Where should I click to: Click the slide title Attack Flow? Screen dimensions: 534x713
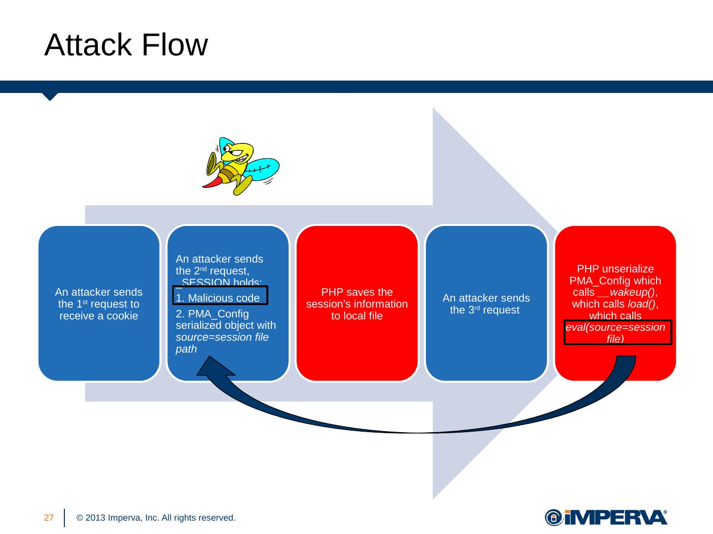pyautogui.click(x=126, y=45)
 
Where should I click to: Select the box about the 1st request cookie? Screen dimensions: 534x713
pyautogui.click(x=99, y=304)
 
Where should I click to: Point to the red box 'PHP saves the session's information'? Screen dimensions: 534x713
pyautogui.click(x=357, y=304)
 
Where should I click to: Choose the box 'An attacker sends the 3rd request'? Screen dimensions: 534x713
pyautogui.click(x=486, y=304)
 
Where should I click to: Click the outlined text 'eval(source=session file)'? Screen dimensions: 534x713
pyautogui.click(x=617, y=332)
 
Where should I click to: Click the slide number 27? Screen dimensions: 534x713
pyautogui.click(x=49, y=518)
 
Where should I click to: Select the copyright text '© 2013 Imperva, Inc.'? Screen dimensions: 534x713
pyautogui.click(x=155, y=518)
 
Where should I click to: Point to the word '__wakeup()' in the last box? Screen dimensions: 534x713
pyautogui.click(x=628, y=292)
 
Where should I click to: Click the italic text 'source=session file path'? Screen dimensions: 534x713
pyautogui.click(x=222, y=343)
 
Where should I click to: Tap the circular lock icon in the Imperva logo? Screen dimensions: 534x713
pyautogui.click(x=553, y=517)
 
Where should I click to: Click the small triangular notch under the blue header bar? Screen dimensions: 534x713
pyautogui.click(x=50, y=96)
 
